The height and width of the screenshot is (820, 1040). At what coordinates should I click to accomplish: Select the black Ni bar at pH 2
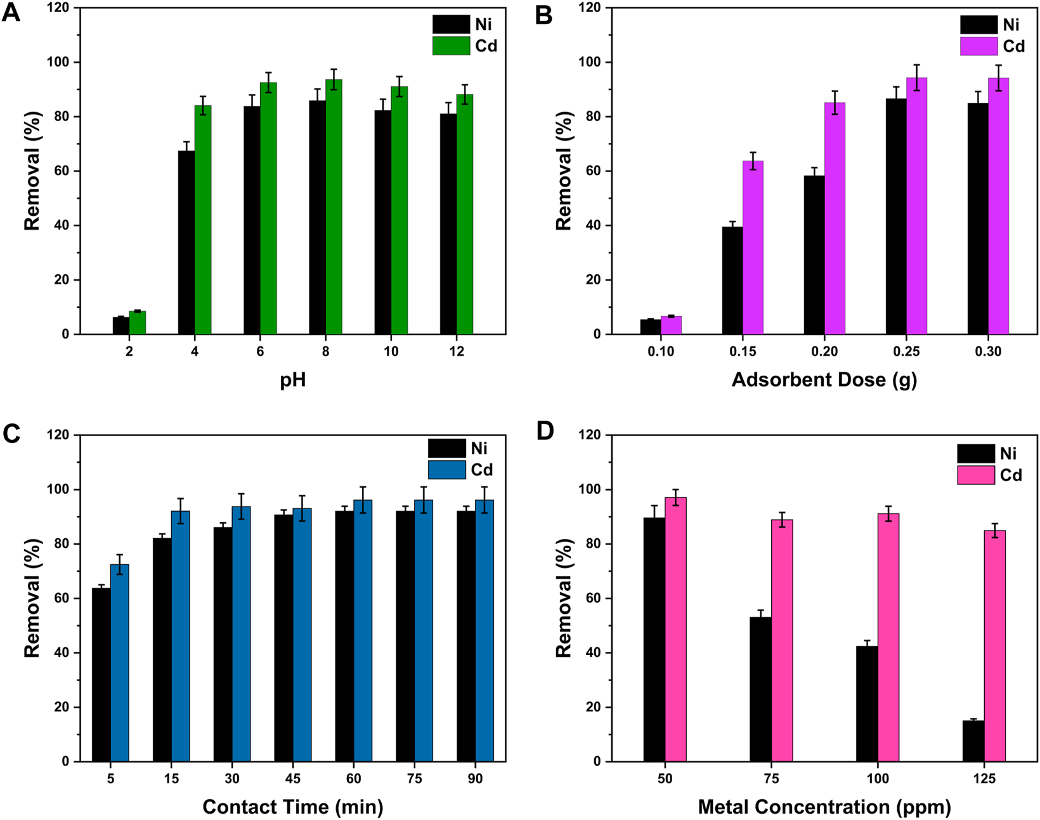(x=120, y=326)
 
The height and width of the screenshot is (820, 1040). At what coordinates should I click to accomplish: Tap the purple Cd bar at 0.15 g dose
(x=753, y=248)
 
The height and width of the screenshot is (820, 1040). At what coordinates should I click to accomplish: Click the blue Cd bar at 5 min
(x=120, y=663)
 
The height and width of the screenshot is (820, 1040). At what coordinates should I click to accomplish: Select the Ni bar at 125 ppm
(x=973, y=741)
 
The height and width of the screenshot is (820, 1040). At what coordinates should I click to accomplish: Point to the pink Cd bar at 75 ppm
(x=782, y=640)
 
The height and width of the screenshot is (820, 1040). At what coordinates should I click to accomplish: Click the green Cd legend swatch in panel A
(x=451, y=46)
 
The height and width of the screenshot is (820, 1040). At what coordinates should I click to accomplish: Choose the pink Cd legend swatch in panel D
(x=976, y=475)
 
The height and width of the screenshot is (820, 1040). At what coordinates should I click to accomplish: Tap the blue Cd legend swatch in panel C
(x=446, y=470)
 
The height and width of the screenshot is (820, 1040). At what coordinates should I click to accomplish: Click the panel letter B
(x=543, y=14)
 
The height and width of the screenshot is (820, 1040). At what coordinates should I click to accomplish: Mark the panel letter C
(x=12, y=434)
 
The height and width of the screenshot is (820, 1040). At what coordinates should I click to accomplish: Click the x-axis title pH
(x=292, y=380)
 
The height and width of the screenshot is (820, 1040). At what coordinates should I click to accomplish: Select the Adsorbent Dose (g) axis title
(x=824, y=380)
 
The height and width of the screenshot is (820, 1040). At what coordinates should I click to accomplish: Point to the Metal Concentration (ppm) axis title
(x=824, y=807)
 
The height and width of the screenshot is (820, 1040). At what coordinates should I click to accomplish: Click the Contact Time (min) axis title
(x=293, y=807)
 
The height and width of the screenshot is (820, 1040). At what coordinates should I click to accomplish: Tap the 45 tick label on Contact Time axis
(x=293, y=779)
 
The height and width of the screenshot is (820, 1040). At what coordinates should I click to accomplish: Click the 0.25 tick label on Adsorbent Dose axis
(x=906, y=352)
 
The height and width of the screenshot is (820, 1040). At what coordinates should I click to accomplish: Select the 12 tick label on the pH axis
(x=457, y=352)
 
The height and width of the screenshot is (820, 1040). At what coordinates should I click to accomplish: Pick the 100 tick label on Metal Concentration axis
(x=878, y=779)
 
